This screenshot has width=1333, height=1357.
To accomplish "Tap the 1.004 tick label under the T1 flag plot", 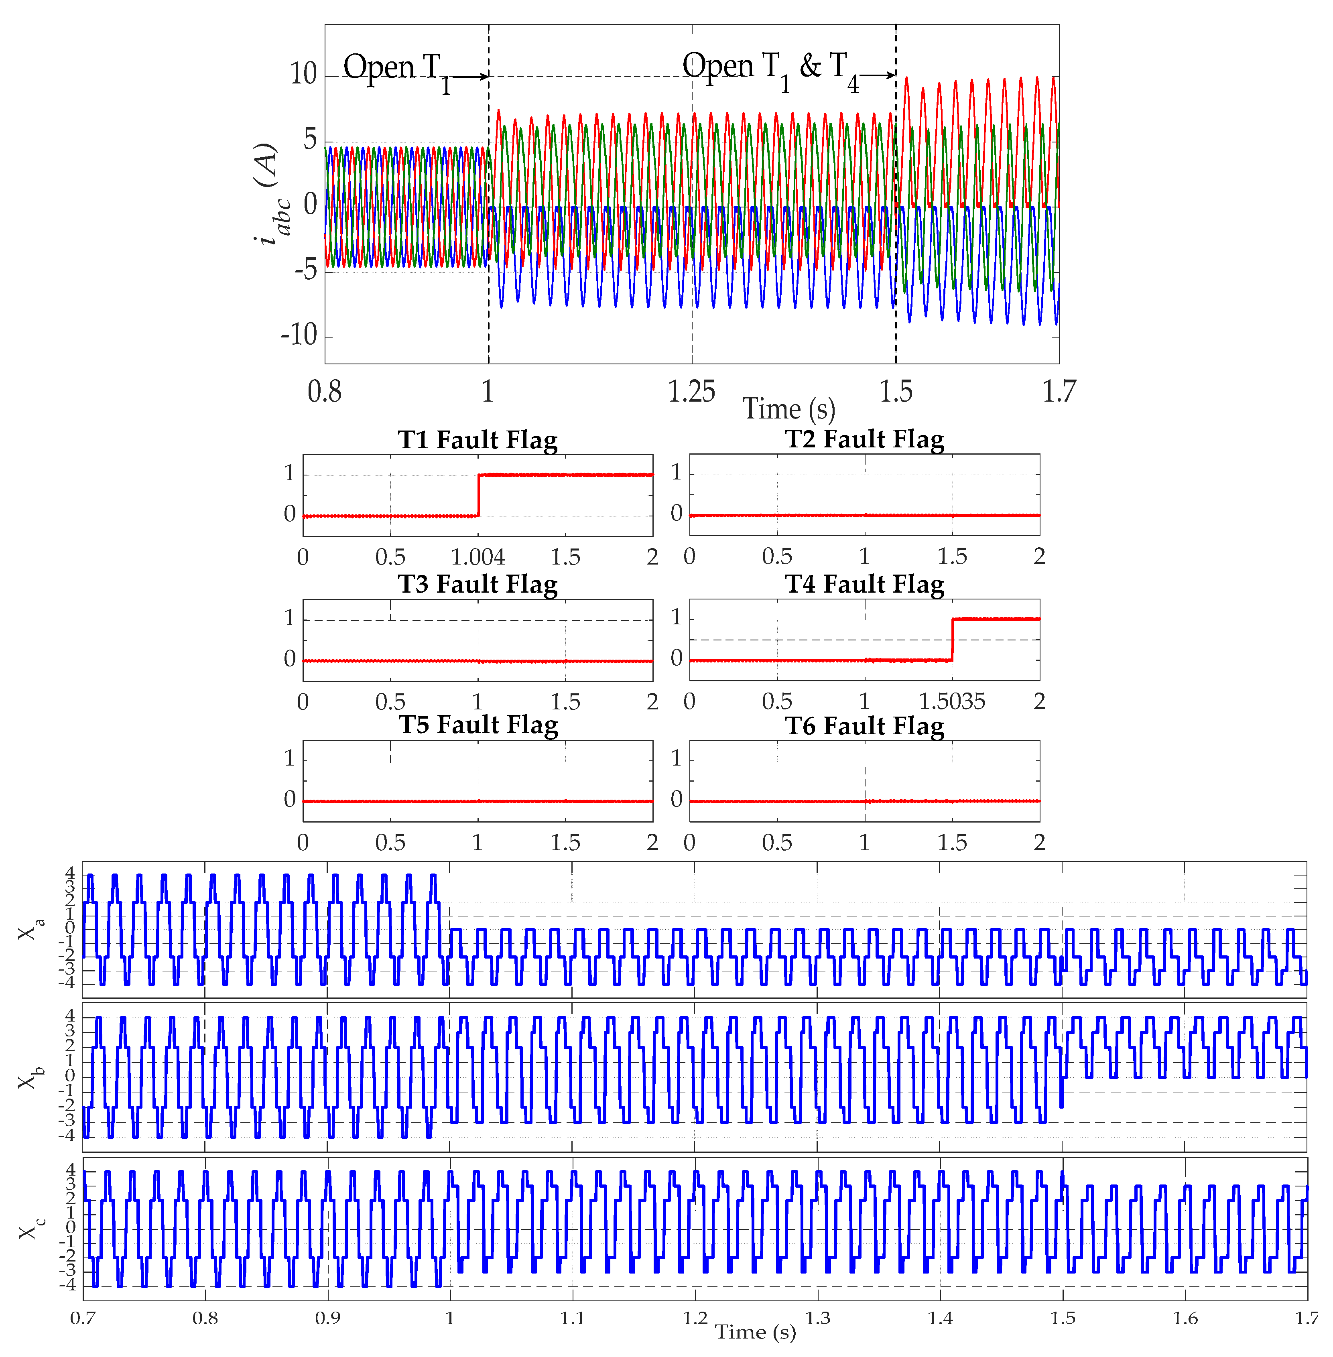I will tap(478, 557).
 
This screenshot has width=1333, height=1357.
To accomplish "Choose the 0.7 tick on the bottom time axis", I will tap(83, 1318).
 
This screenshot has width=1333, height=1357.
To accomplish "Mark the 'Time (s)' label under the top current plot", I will tap(788, 409).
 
